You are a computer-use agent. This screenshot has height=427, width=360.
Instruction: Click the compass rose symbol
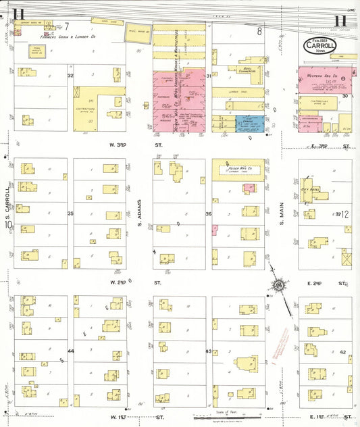[x=278, y=287]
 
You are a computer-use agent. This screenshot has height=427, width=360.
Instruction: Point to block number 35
[x=70, y=214]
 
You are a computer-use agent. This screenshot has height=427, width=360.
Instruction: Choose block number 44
[x=70, y=351]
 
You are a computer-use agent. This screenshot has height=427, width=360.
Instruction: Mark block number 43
[x=209, y=351]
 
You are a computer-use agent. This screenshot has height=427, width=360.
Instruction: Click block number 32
[x=70, y=76]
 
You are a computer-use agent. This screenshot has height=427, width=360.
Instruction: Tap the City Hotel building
[x=316, y=189]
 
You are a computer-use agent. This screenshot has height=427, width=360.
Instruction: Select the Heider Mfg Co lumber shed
[x=240, y=168]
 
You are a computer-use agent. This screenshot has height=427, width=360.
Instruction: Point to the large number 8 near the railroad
[x=259, y=31]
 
